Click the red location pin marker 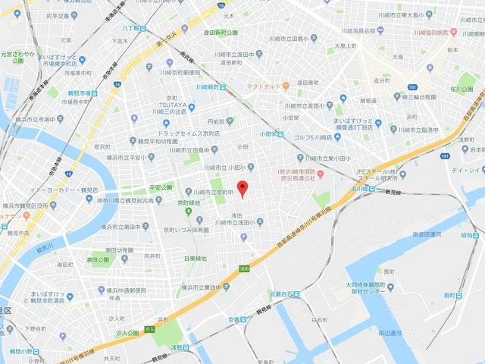[x=242, y=189]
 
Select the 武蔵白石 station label [x=282, y=294]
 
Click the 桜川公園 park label [x=458, y=89]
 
